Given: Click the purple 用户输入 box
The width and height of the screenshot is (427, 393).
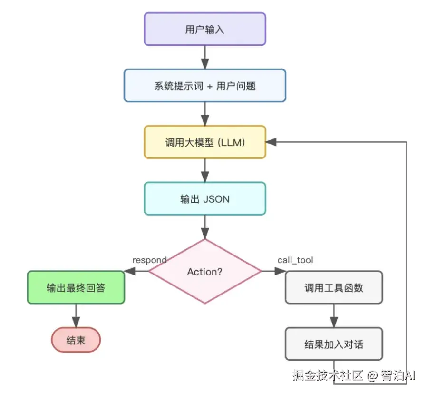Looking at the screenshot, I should (204, 29).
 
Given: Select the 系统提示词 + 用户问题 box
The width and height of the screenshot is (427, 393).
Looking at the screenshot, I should (204, 86).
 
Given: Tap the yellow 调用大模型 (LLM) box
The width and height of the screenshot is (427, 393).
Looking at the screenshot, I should (204, 142).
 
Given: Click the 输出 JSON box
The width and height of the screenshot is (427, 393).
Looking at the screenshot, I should (204, 198).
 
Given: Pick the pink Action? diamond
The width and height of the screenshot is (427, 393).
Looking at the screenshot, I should (204, 272).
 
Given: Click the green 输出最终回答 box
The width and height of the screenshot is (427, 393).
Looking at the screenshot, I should (76, 287).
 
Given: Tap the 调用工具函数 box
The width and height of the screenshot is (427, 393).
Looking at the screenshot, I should (333, 287).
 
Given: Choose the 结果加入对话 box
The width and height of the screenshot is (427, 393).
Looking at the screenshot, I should (333, 344).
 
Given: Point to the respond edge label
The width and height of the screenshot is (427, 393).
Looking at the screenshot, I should (149, 260).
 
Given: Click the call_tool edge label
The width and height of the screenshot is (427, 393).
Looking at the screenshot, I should (295, 260).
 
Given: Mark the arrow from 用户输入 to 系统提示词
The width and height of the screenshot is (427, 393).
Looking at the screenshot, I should (204, 57).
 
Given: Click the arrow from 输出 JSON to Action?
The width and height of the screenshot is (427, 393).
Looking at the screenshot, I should (204, 227).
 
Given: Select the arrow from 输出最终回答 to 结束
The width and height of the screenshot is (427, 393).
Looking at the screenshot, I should (76, 315).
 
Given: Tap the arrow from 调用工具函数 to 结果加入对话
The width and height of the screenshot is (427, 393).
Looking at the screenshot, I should (333, 315).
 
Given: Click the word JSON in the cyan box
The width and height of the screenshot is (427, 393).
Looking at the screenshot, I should (216, 199).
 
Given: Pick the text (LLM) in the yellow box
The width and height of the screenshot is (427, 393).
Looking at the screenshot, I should (230, 142).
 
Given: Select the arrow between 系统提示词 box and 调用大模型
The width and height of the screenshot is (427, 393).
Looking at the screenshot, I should (204, 114).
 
